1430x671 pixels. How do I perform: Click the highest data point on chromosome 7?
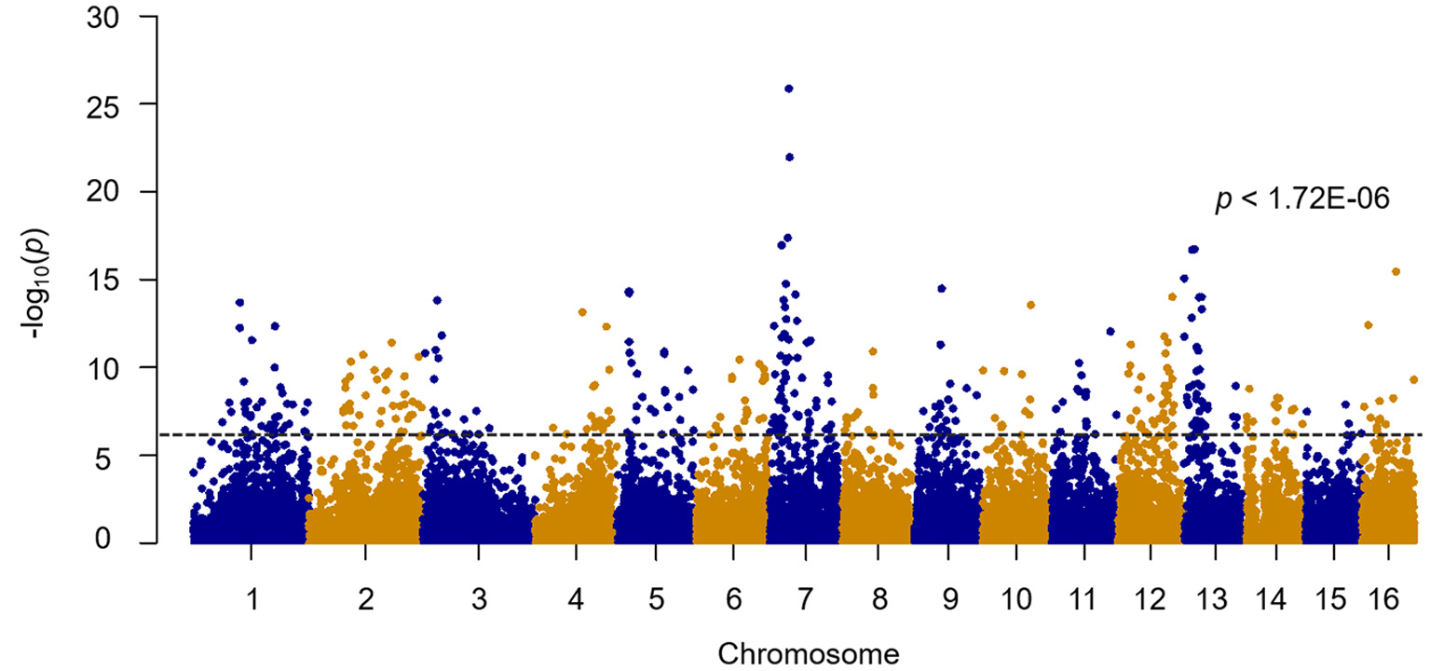[789, 89]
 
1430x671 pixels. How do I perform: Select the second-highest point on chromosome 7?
[789, 157]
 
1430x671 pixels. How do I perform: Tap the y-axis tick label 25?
[124, 104]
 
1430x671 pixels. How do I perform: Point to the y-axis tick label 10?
[124, 367]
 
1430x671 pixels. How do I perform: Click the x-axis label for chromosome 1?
[252, 600]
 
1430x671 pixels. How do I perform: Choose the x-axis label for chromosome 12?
[1151, 600]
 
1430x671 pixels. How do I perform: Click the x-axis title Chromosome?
[809, 653]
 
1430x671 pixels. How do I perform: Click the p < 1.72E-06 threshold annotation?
[1302, 199]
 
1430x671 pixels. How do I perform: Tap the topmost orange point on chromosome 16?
[1396, 271]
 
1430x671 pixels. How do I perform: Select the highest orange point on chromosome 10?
[1030, 305]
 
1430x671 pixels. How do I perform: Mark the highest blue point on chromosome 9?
[942, 289]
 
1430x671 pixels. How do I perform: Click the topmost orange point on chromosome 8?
[873, 351]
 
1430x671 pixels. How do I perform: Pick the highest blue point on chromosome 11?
[1110, 332]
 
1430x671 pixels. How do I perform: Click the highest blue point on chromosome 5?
[629, 292]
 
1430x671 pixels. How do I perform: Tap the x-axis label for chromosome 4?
[576, 600]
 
